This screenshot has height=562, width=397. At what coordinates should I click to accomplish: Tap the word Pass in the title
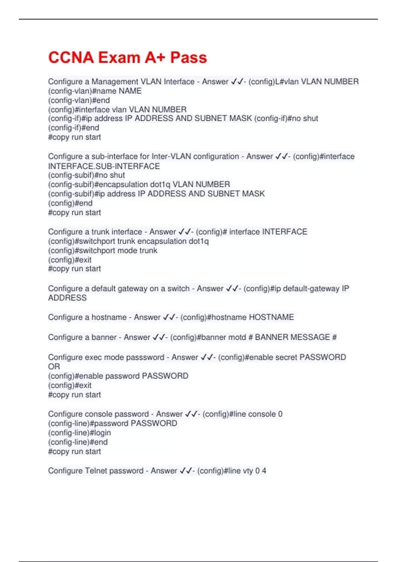pos(188,58)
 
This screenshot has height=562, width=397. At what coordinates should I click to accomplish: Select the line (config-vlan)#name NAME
pos(95,91)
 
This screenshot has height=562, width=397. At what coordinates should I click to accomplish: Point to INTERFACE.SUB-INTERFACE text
pos(104,166)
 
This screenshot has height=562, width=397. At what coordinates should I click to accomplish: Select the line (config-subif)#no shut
pos(86,175)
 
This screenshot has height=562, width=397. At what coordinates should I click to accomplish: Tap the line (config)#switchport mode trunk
pos(103,251)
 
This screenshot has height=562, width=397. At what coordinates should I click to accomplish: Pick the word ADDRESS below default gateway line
pos(67,298)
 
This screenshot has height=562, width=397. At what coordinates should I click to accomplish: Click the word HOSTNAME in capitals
pos(271,317)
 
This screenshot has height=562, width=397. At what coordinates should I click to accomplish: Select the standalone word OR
pos(54,367)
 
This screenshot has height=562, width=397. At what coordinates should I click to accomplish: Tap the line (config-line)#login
pos(79,433)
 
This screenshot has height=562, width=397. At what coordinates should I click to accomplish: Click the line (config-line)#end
pos(78,442)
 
